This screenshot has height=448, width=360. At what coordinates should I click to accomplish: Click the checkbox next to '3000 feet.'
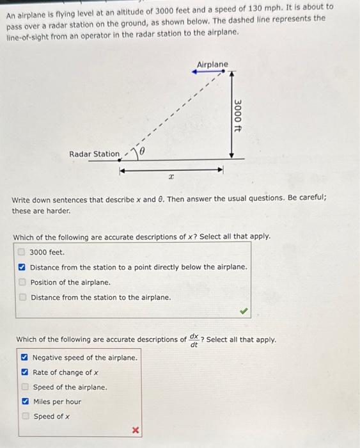tap(22, 252)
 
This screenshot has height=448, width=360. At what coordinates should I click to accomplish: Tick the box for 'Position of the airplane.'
tap(22, 282)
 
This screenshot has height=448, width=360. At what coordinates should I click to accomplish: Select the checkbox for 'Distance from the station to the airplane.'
tap(22, 297)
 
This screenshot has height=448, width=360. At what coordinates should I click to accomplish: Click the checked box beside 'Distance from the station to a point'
tap(22, 267)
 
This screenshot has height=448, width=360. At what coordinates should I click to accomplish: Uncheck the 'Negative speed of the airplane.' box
tap(24, 358)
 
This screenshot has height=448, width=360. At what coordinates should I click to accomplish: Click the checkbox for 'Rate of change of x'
tap(24, 372)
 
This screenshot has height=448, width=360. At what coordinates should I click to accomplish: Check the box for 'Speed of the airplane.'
tap(24, 387)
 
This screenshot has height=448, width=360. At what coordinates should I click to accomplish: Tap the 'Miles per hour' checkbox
tap(24, 402)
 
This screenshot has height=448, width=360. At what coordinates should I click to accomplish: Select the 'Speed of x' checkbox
tap(24, 417)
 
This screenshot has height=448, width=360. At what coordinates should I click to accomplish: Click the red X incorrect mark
tap(136, 431)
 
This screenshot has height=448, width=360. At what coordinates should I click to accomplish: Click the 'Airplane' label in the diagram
tap(212, 65)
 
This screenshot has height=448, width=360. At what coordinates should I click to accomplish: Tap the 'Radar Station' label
tap(94, 154)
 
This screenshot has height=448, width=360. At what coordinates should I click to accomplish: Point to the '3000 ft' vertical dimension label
tap(238, 115)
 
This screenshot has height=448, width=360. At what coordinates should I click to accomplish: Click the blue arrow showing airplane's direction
tap(208, 72)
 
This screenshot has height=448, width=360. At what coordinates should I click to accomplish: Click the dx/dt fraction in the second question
tap(194, 340)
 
